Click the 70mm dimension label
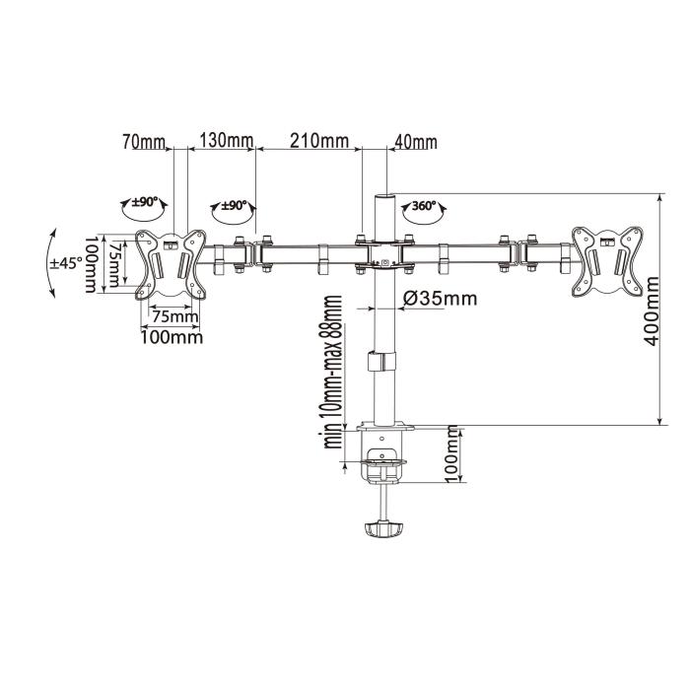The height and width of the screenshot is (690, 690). click(145, 141)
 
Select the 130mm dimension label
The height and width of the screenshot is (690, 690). click(227, 141)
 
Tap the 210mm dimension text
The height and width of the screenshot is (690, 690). click(318, 141)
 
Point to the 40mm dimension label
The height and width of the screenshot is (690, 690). click(415, 142)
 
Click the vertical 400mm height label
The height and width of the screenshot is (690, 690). click(652, 310)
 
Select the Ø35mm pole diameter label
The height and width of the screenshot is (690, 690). click(440, 298)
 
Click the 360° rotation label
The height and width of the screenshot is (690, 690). click(425, 208)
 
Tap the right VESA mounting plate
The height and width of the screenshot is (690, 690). click(610, 259)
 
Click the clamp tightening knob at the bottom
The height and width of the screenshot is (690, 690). click(382, 529)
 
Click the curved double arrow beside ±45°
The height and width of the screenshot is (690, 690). click(47, 262)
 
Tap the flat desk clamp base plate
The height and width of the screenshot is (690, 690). click(384, 430)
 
